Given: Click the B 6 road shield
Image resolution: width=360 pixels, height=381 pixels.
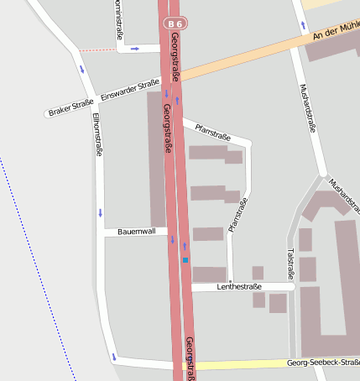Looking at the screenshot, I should [x=174, y=24].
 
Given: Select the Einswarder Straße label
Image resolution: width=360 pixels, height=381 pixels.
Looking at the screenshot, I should [x=129, y=89].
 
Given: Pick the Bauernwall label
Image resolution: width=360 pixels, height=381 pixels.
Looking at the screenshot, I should [x=136, y=231].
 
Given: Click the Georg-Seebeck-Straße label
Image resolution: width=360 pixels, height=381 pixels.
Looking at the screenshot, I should [x=322, y=363].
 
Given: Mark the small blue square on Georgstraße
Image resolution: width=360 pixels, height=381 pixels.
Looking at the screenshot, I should [x=185, y=261].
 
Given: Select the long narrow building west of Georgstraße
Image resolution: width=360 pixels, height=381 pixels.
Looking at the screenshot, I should [x=157, y=159].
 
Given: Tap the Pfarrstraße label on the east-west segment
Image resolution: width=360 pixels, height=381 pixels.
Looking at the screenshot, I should [x=212, y=131].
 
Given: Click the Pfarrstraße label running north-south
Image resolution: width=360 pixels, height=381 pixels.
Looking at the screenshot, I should [x=238, y=213].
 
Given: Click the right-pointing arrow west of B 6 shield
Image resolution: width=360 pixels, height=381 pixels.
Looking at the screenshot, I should [x=134, y=49].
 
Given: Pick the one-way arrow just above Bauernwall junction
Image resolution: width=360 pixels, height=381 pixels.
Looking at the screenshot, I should [x=101, y=212].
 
